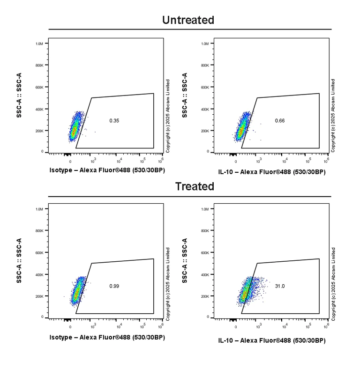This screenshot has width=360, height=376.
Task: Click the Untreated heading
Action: coord(188,20)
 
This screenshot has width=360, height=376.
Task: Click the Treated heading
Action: coord(195,186)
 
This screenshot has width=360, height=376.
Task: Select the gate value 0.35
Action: coord(114,121)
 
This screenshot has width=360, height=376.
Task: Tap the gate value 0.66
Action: coord(280,121)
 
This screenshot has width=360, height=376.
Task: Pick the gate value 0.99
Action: coord(114,286)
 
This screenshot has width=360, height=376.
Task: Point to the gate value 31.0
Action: coord(280,286)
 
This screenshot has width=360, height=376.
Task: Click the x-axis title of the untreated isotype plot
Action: coord(107,170)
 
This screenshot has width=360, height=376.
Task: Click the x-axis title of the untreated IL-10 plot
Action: coord(272,172)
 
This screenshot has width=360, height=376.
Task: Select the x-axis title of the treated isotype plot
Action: coord(107,337)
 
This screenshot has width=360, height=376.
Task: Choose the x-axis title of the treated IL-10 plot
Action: coord(272,340)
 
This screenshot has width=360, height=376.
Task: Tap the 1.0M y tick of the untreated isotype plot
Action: coord(39,44)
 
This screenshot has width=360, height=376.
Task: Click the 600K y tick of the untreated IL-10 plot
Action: coord(204,87)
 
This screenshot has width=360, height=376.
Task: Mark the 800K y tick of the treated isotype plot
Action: coord(39,231)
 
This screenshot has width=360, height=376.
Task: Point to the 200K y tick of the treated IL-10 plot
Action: coord(204,296)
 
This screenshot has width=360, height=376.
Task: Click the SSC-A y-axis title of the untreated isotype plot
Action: coord(19,95)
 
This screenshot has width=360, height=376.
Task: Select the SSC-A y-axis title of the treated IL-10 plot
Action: coord(185,261)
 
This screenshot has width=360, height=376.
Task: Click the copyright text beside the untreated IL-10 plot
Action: coord(333,116)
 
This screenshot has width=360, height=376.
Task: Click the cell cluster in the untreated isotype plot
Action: coord(75,127)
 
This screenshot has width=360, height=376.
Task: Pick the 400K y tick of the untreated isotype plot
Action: coord(39,109)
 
